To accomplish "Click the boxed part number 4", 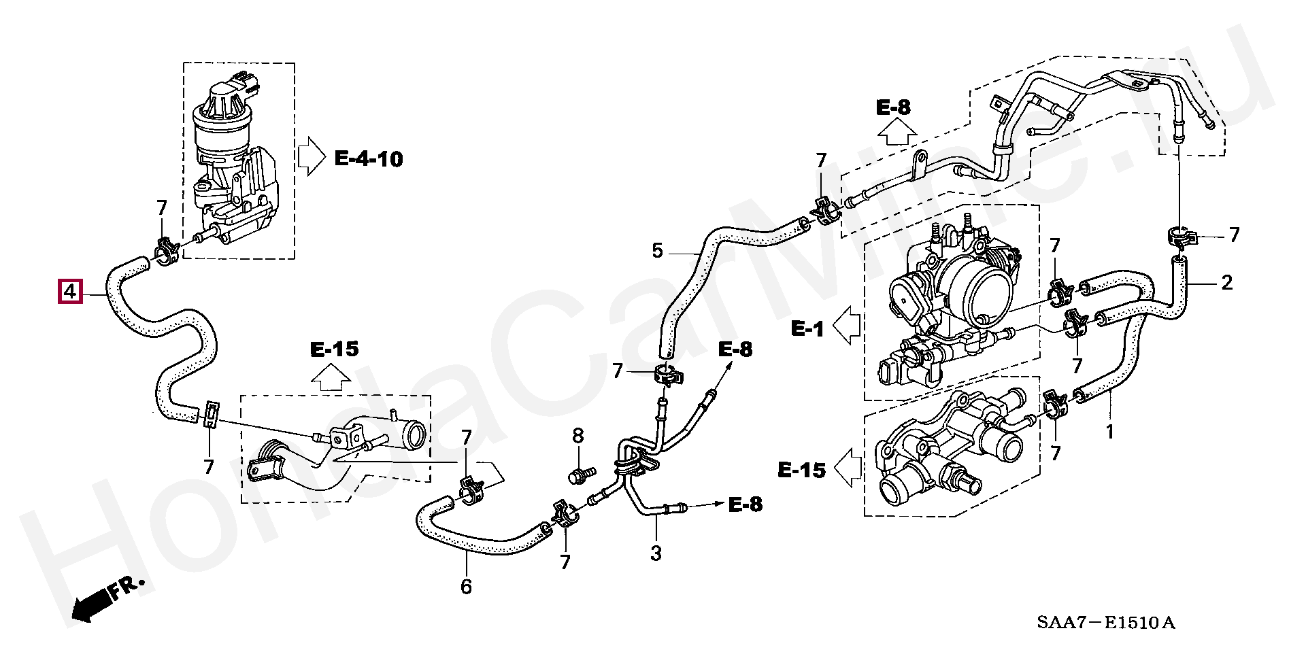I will [70, 292].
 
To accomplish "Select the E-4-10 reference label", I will [369, 159].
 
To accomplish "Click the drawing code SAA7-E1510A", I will [1106, 623].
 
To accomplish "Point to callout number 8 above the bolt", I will [577, 435].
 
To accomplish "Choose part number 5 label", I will [656, 251].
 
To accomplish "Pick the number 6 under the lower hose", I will [466, 586].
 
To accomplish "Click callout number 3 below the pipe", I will [656, 553].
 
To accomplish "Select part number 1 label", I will [1109, 432].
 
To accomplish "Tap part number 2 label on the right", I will [1226, 282].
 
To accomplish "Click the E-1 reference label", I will [807, 330].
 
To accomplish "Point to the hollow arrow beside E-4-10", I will [312, 156].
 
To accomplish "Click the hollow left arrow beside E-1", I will [847, 325].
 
